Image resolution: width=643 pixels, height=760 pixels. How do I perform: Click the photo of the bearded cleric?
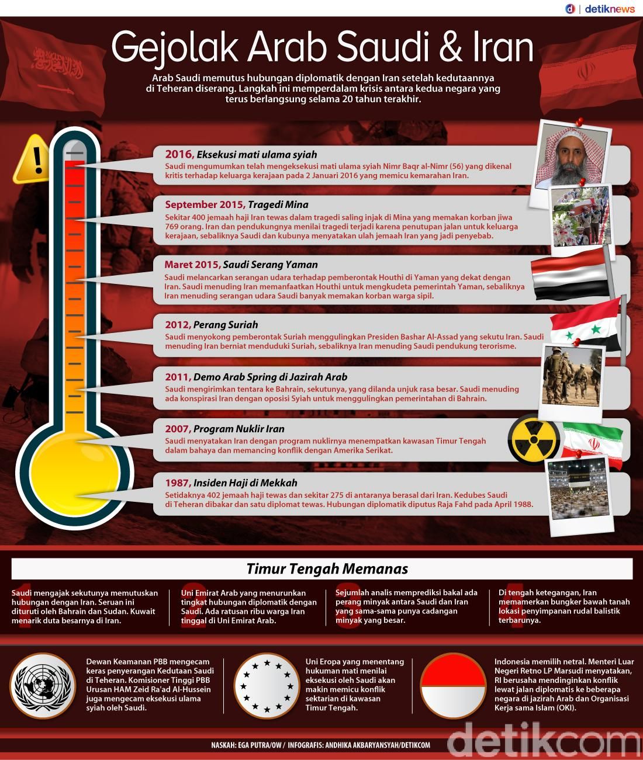pyautogui.click(x=573, y=156)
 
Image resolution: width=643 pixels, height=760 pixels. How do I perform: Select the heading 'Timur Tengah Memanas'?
pyautogui.click(x=327, y=568)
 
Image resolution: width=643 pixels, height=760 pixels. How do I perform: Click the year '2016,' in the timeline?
pyautogui.click(x=179, y=154)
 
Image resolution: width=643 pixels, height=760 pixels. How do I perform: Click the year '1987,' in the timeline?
pyautogui.click(x=178, y=483)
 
